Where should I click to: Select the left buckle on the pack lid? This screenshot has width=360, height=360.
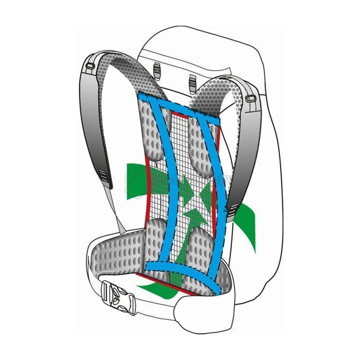pyautogui.click(x=157, y=68)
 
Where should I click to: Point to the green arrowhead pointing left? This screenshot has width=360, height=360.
pyautogui.click(x=205, y=192)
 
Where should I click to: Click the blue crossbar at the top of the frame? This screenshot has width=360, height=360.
pyautogui.click(x=180, y=105)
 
